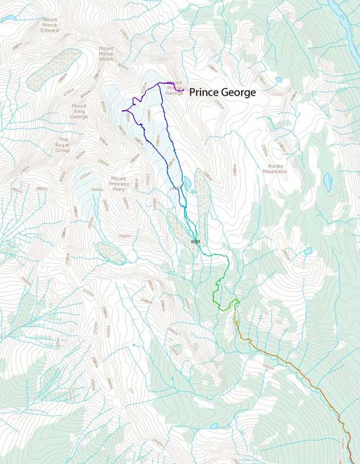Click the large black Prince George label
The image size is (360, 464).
click(222, 91)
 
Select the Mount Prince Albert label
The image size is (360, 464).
click(106, 54)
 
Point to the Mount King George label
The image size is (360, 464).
click(80, 111)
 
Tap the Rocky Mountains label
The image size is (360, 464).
click(276, 168)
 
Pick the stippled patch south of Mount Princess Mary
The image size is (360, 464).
click(111, 252)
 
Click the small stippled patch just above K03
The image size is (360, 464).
click(175, 221)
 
